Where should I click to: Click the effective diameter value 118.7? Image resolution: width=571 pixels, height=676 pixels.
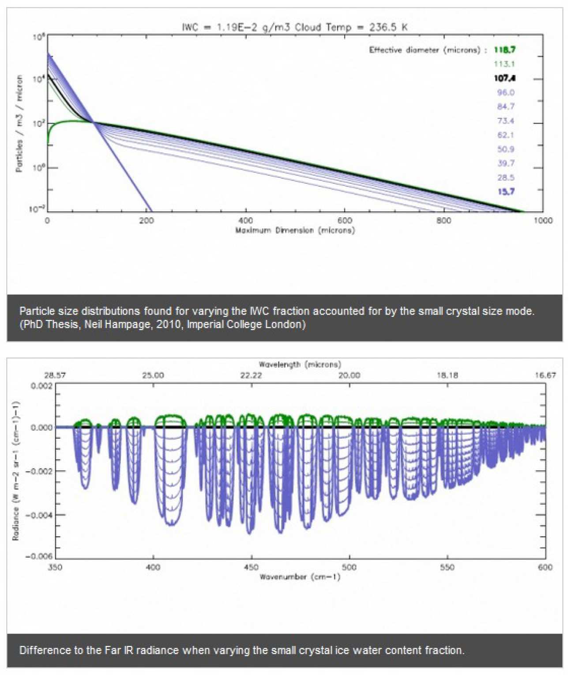504,50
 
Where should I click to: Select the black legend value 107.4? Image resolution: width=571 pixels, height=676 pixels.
504,78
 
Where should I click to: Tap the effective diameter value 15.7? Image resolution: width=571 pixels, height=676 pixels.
506,191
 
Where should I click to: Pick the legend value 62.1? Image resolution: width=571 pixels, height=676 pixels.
506,135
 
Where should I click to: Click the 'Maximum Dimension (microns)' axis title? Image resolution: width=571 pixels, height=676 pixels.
295,230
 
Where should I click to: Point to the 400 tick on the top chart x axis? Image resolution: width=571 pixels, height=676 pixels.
245,220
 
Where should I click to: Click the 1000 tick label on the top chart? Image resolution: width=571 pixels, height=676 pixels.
542,220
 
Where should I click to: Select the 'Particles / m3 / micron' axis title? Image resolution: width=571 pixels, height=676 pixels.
19,123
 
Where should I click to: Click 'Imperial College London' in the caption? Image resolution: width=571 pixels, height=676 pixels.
246,324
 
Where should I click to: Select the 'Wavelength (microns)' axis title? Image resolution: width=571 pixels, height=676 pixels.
300,365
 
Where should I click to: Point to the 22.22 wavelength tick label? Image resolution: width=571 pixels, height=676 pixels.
251,375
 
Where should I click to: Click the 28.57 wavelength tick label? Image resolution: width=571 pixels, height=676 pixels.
55,375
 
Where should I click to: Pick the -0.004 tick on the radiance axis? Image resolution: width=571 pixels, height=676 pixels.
41,515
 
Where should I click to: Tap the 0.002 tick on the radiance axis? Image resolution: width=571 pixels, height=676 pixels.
42,386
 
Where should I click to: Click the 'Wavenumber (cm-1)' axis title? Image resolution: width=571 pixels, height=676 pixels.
300,577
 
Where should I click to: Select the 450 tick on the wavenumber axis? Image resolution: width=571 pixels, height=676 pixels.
251,567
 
